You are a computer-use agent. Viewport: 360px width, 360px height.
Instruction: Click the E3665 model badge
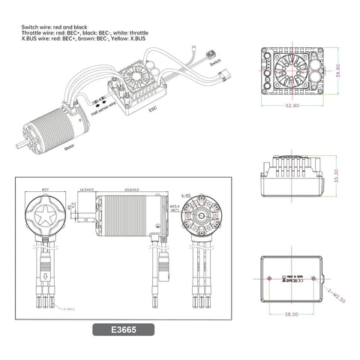124,328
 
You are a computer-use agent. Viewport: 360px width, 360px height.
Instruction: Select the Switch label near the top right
215,64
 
